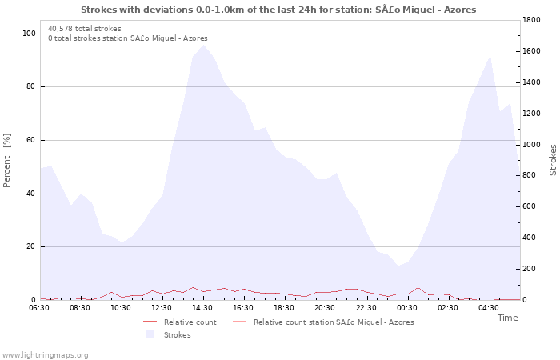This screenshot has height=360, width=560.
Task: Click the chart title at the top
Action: click(x=278, y=10)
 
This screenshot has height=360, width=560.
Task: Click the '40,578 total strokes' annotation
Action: click(x=84, y=29)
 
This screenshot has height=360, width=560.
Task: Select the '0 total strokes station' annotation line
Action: click(x=127, y=38)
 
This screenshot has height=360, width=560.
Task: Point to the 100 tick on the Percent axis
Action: click(x=29, y=34)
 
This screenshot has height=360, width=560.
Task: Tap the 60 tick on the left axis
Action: click(x=31, y=140)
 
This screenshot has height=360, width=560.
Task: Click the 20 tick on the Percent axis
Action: click(x=31, y=246)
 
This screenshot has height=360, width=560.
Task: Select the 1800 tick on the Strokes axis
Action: click(x=533, y=20)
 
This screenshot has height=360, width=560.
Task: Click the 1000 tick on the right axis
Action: click(x=533, y=145)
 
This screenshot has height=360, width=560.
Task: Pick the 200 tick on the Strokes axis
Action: click(x=530, y=269)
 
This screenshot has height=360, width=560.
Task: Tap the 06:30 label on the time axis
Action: click(x=39, y=308)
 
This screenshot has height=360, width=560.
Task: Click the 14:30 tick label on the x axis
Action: click(x=202, y=308)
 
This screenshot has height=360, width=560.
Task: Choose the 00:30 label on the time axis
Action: click(x=407, y=308)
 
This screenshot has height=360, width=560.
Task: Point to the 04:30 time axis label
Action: click(x=489, y=308)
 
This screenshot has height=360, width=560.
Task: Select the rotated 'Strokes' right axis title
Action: click(x=552, y=160)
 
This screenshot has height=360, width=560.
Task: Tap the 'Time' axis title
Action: click(x=507, y=318)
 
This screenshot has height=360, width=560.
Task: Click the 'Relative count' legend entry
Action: click(x=190, y=322)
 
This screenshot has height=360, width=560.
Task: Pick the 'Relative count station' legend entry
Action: click(x=333, y=322)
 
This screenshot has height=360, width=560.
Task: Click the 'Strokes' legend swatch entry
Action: click(x=177, y=335)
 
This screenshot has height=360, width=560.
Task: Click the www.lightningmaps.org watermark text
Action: click(x=45, y=355)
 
